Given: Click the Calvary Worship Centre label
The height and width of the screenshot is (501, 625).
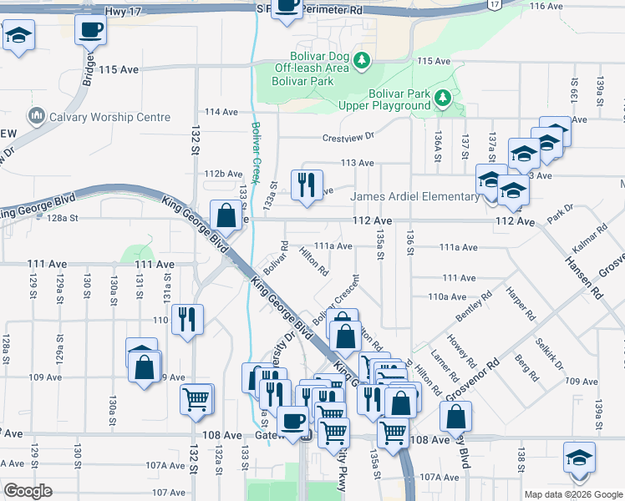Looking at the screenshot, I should point(109,117).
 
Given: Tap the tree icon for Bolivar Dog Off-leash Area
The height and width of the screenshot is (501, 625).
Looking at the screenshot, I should point(361,59).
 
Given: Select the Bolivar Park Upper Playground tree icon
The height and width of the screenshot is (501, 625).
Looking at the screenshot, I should point(443,100).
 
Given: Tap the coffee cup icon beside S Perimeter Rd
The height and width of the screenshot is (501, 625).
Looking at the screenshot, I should point(287,6).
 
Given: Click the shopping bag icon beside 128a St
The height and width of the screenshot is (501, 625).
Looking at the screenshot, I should point(226,215).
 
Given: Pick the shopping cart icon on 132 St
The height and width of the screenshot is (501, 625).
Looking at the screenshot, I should point(196,400).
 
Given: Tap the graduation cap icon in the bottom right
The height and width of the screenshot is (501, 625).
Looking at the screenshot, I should point(578,460).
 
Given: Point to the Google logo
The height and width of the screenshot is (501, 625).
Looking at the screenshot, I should point(28,491).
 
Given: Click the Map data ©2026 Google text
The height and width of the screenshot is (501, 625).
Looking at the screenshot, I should point(572,494).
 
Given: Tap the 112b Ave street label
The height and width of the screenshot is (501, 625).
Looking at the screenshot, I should point(223,173).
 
